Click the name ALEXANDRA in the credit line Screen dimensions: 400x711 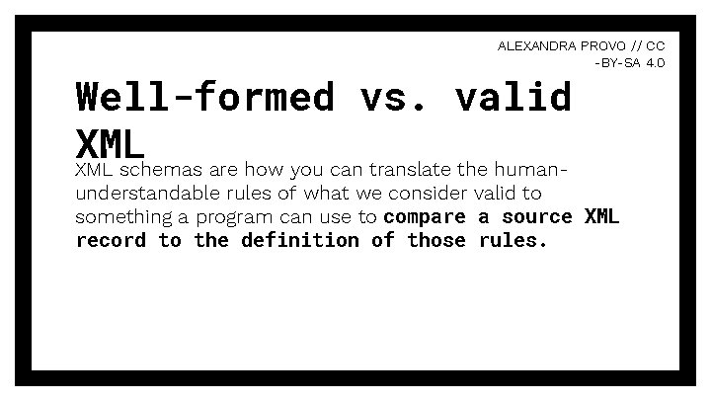pyautogui.click(x=534, y=45)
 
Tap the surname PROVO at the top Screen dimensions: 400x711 pyautogui.click(x=601, y=45)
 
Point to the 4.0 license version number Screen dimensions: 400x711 pyautogui.click(x=656, y=62)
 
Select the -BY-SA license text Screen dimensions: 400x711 pyautogui.click(x=618, y=62)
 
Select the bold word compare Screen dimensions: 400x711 pyautogui.click(x=424, y=216)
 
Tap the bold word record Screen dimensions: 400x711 pyautogui.click(x=112, y=240)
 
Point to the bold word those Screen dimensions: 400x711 pyautogui.click(x=435, y=240)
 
